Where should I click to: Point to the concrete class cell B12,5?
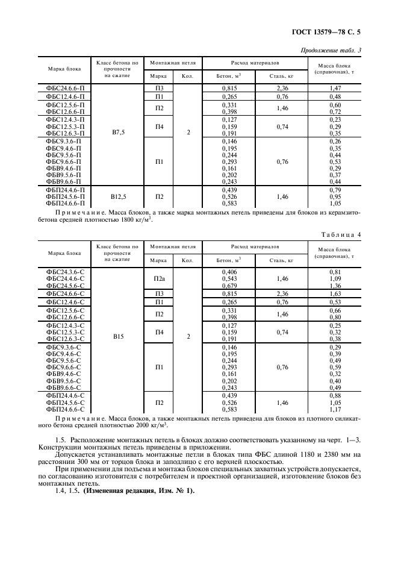tap(118, 196)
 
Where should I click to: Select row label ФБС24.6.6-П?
tap(65, 89)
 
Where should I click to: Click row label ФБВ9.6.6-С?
tap(65, 388)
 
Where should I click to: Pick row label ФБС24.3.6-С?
tap(65, 272)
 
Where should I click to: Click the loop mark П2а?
tap(159, 278)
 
